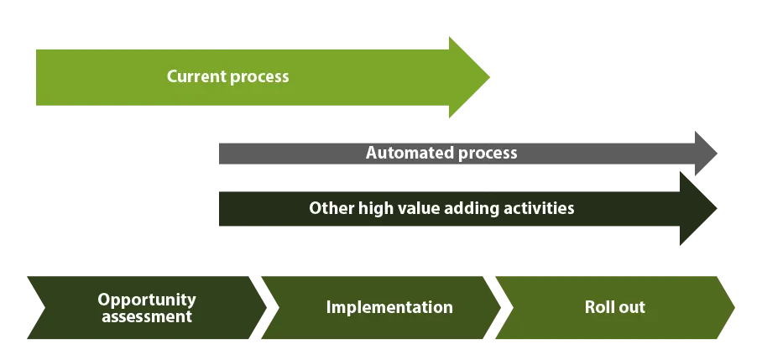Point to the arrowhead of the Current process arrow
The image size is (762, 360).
(x=469, y=76)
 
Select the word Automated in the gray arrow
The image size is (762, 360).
(x=410, y=153)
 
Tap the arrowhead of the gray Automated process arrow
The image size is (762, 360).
(x=706, y=153)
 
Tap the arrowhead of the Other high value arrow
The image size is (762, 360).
(x=698, y=208)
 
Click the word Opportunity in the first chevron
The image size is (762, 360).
(x=147, y=300)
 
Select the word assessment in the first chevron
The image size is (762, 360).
(x=147, y=316)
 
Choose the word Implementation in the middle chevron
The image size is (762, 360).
(x=389, y=307)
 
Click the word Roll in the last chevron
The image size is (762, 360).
(x=598, y=307)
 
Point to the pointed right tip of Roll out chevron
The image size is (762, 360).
(x=735, y=307)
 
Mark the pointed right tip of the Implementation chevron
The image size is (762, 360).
(x=500, y=307)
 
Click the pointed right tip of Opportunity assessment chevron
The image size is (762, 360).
(x=266, y=307)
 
